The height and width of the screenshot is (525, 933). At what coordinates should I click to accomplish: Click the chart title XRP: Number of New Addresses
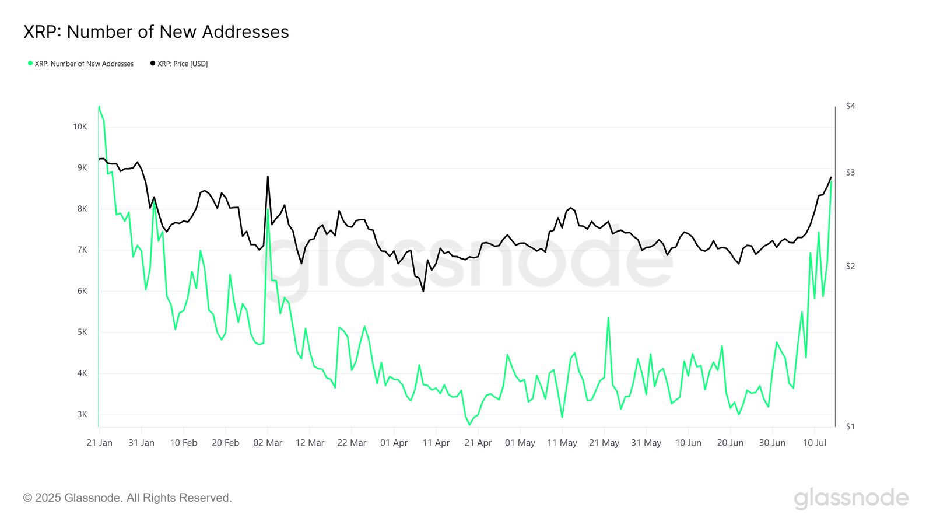click(156, 32)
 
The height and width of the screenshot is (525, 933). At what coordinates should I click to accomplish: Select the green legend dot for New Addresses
click(30, 63)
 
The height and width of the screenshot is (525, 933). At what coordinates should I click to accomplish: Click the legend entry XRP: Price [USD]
click(182, 64)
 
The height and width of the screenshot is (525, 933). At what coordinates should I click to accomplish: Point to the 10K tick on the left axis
click(80, 127)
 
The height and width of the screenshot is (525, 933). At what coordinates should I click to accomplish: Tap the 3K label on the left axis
click(82, 415)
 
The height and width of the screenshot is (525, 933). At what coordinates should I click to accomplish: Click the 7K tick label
click(82, 250)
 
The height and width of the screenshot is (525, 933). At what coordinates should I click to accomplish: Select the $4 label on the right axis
click(850, 106)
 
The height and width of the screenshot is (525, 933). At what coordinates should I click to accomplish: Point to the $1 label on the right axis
click(850, 426)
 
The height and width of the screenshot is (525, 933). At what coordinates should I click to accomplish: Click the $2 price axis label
click(850, 267)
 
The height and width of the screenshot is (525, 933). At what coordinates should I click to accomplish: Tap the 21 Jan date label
click(99, 443)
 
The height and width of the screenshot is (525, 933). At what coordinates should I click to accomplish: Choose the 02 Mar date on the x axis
click(268, 443)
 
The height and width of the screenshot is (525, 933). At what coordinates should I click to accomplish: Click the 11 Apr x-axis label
click(436, 443)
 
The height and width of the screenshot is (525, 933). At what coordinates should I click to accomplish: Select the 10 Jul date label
click(815, 443)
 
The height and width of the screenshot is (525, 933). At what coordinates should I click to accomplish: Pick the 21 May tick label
click(604, 443)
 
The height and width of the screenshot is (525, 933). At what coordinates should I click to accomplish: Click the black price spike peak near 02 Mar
click(268, 176)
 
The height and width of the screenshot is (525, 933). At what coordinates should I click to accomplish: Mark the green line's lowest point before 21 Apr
click(469, 425)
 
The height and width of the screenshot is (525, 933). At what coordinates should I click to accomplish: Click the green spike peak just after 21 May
click(608, 318)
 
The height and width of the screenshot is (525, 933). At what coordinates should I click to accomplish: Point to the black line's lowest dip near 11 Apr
click(423, 291)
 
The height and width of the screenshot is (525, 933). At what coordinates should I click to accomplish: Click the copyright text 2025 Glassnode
click(127, 498)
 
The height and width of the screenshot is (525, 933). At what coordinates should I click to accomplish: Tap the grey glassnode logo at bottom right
click(851, 498)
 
